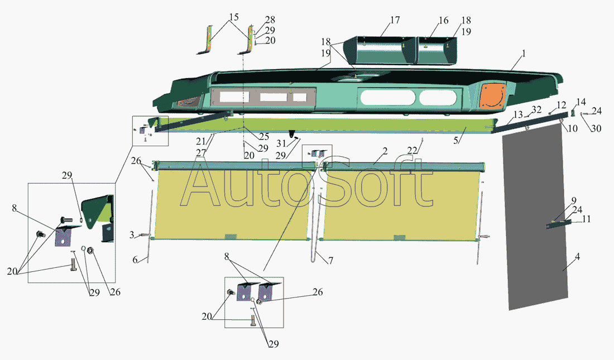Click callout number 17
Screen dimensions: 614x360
395,21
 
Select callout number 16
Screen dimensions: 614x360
443,21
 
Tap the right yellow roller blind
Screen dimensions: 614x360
399,204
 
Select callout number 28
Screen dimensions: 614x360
270,20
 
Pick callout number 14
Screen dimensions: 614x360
581,102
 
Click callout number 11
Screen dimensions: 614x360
586,219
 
